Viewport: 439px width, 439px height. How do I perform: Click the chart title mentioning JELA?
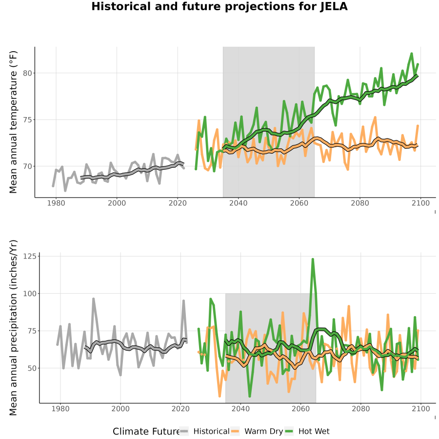coord(219,6)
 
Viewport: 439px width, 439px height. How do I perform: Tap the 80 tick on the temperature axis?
coord(27,73)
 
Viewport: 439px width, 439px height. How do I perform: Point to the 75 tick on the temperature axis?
coord(27,120)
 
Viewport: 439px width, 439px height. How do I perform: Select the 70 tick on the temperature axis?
coord(27,166)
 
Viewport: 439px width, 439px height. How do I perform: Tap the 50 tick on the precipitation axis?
coord(32,368)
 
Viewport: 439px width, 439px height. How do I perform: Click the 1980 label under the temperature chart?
coord(56,203)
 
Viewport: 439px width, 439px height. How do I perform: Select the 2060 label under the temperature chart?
coord(299,203)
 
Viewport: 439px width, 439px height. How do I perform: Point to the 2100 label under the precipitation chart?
coord(421,409)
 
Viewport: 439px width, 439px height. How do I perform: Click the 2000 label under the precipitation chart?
coord(120,409)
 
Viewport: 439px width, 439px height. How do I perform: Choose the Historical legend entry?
coord(204,432)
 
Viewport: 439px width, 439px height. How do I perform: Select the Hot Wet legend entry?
coord(307,432)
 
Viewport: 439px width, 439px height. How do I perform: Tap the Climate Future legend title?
coord(146,432)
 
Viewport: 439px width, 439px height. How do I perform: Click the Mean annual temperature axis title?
coord(13,122)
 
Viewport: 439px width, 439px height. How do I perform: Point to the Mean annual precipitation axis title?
coord(13,328)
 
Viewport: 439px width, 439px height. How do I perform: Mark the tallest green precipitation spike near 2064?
coord(313,259)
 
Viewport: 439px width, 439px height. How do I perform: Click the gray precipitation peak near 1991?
coord(94,299)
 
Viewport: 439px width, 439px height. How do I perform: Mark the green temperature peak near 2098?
coord(412,54)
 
